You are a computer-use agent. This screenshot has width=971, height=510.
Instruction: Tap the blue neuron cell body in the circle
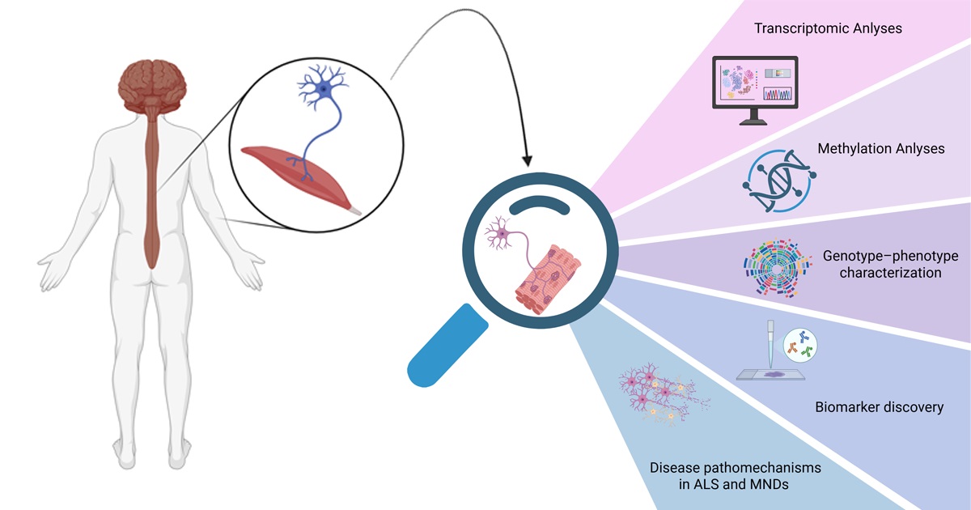[324, 88]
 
